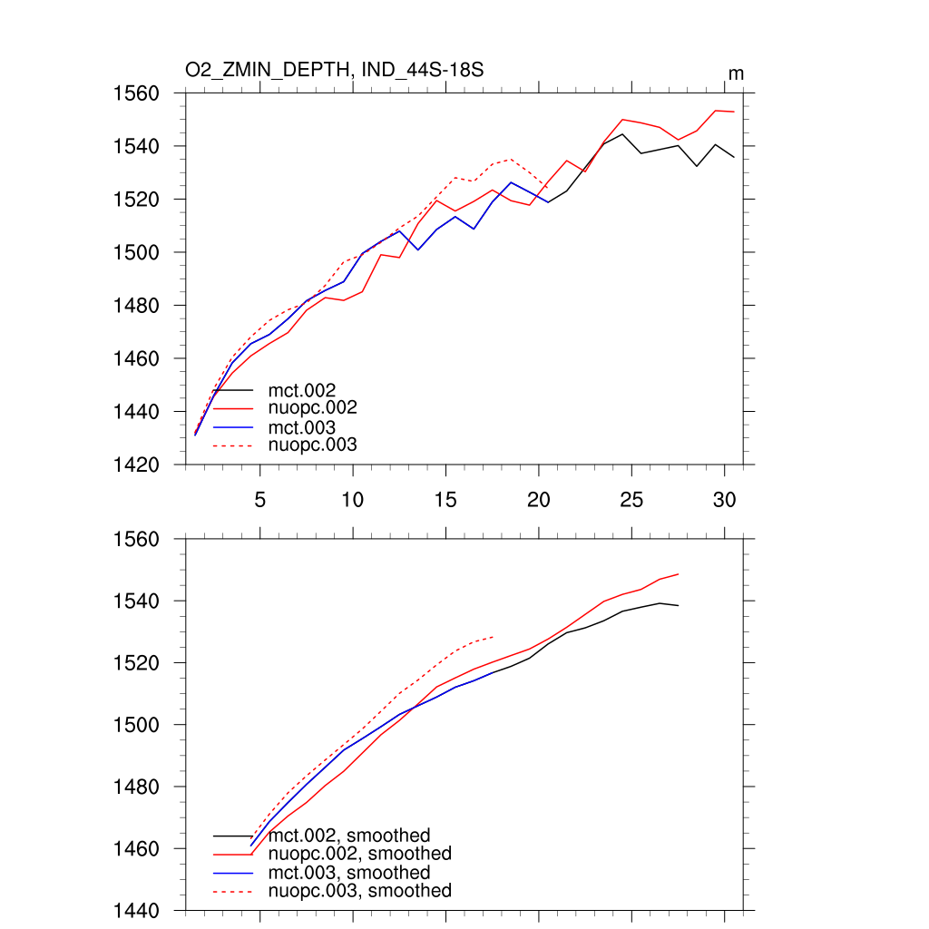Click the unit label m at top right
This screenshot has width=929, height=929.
(736, 73)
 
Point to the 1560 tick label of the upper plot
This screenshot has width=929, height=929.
(136, 93)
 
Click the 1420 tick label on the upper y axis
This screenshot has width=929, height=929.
(136, 465)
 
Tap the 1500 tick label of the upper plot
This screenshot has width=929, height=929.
(136, 252)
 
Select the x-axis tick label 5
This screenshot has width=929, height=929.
(260, 500)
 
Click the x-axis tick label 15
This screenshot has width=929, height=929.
(445, 500)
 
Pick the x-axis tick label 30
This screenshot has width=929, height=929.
(724, 500)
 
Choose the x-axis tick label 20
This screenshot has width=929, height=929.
(539, 500)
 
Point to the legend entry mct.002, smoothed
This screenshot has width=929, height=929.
(349, 836)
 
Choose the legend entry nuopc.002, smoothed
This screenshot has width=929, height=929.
(360, 854)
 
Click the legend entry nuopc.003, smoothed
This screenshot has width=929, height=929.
(360, 891)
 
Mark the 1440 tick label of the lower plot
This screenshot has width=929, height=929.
(136, 911)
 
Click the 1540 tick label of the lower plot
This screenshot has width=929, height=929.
(136, 601)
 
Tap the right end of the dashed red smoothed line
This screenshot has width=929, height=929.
(494, 637)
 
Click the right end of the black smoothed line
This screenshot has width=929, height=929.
(679, 605)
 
